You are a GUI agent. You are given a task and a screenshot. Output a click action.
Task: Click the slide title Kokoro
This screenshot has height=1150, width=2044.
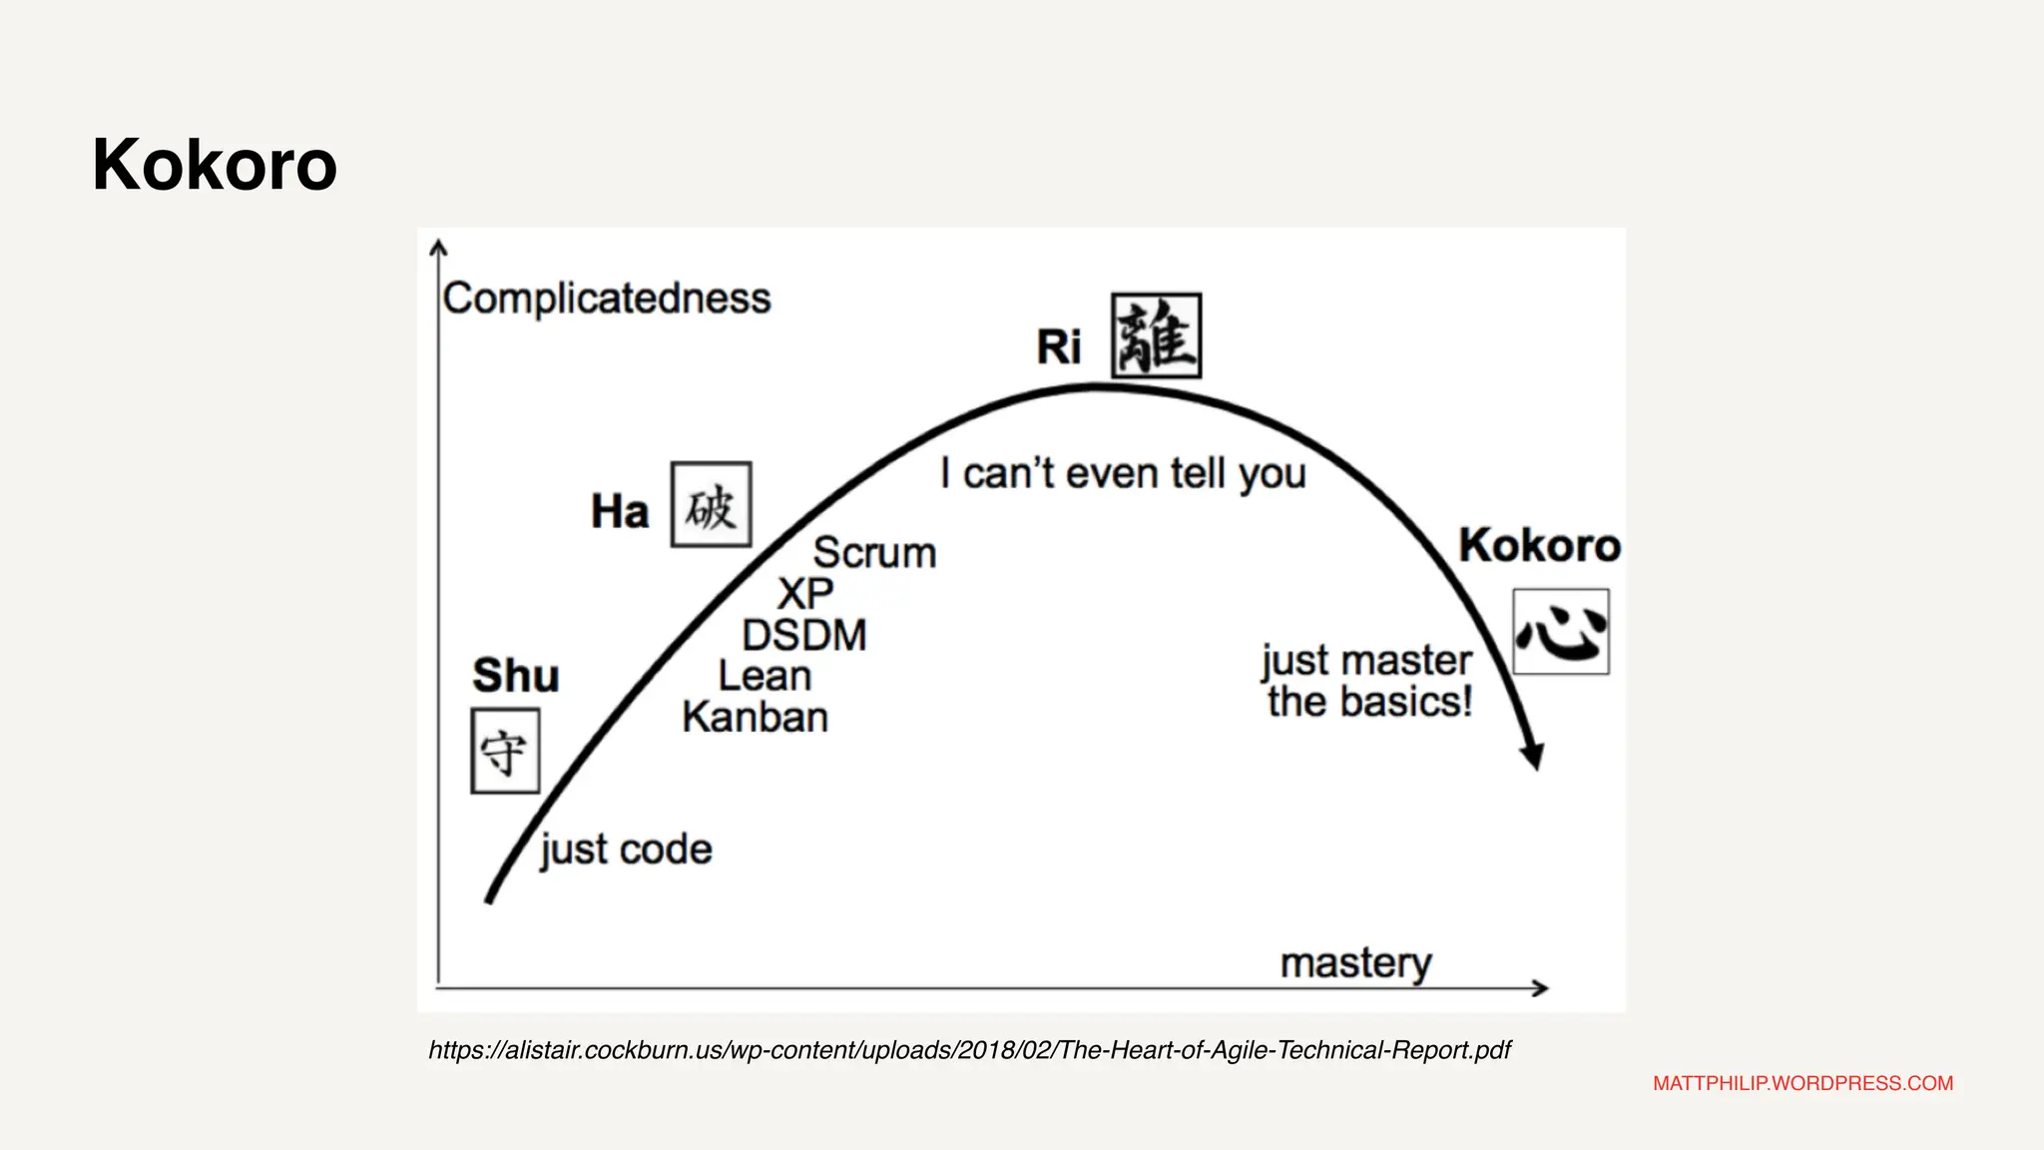click(x=215, y=165)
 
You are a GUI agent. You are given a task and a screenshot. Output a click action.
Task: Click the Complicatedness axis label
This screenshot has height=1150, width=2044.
click(x=607, y=298)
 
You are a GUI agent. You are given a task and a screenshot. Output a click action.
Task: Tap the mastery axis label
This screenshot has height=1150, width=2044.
click(x=1355, y=964)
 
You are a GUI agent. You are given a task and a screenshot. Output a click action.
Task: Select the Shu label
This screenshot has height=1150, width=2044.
click(x=515, y=676)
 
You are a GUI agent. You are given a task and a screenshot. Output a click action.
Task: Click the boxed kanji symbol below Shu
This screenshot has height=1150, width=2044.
click(x=505, y=752)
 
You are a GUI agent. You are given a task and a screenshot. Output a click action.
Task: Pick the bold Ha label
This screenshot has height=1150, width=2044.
click(x=620, y=512)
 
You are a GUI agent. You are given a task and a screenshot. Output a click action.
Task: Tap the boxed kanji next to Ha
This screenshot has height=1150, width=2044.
click(x=711, y=505)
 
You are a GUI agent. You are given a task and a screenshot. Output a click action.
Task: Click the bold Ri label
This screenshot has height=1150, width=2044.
click(x=1058, y=347)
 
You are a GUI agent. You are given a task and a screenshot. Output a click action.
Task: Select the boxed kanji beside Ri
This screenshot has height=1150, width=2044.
click(x=1156, y=336)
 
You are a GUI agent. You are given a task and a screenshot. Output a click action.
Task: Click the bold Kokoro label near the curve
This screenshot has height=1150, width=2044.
click(x=1539, y=545)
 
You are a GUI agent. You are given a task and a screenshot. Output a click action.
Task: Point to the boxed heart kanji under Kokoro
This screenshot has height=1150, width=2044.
click(x=1560, y=632)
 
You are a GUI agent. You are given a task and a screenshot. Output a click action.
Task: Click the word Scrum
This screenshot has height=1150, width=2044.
click(x=874, y=553)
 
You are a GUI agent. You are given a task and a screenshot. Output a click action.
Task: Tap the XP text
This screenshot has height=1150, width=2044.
click(x=805, y=594)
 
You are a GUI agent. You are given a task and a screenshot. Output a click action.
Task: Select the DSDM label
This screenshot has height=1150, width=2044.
click(x=804, y=636)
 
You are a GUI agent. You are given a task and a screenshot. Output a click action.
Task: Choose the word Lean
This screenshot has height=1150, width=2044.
click(x=765, y=677)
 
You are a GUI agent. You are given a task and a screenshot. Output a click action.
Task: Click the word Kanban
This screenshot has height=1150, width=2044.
click(x=756, y=718)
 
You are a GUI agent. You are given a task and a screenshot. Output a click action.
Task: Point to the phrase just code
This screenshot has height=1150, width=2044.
click(x=626, y=850)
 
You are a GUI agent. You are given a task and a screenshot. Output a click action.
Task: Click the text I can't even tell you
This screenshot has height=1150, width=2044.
click(x=1123, y=474)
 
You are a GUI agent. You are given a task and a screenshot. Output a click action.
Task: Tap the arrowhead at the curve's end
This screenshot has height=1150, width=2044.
click(x=1534, y=756)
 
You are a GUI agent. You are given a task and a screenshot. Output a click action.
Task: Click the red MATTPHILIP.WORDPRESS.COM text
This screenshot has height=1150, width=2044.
click(x=1802, y=1083)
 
